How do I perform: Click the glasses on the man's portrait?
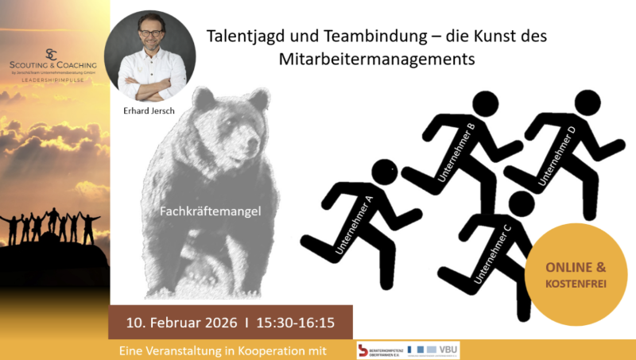[x=149, y=40]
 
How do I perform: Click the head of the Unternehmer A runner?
[x=386, y=172]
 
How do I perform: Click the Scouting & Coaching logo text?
[x=55, y=64]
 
